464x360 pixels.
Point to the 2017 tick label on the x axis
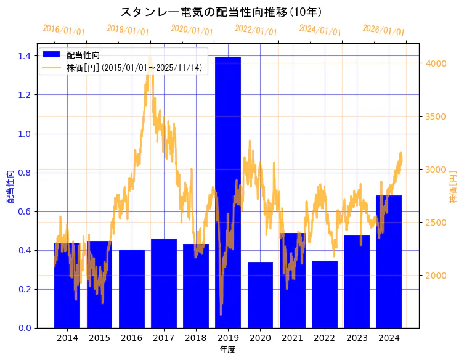click(x=164, y=338)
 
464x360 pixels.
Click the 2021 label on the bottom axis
click(x=292, y=338)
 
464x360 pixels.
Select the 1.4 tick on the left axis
click(x=26, y=56)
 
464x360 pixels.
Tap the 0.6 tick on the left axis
click(x=26, y=211)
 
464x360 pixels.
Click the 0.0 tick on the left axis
click(x=26, y=328)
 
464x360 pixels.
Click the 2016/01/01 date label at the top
click(x=64, y=30)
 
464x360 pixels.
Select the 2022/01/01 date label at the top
click(x=256, y=30)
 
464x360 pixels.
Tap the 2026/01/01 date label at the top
click(x=383, y=30)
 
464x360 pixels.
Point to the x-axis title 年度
click(x=227, y=350)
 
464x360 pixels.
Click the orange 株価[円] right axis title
click(x=453, y=188)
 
